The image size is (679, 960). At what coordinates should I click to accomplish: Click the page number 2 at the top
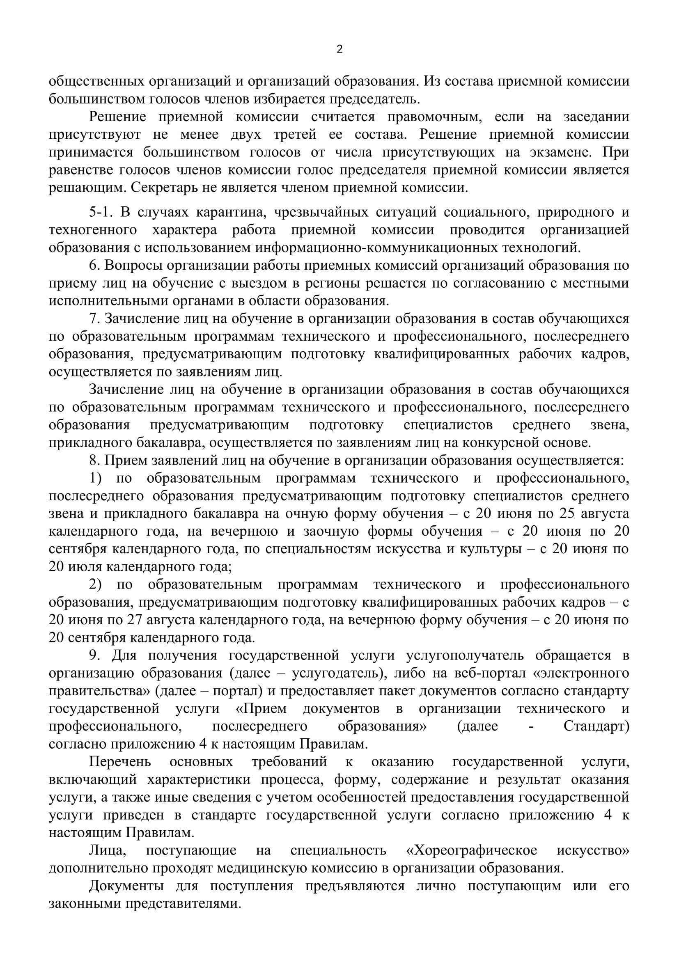(x=339, y=50)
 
